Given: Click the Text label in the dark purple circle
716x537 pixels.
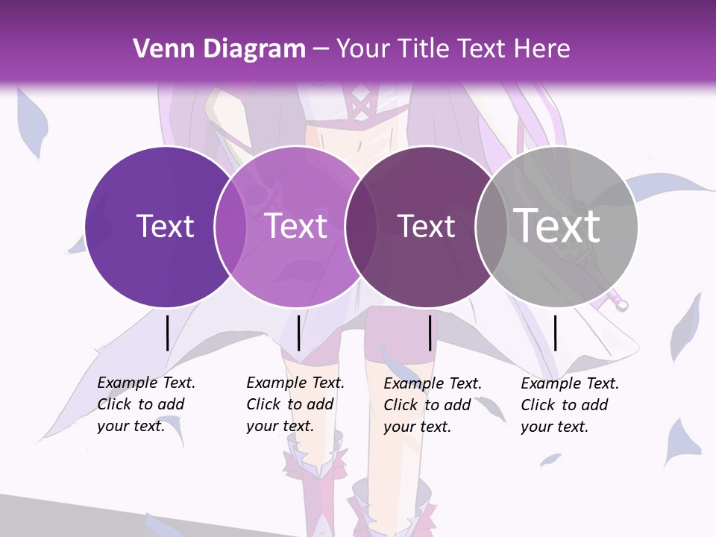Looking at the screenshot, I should (x=165, y=226).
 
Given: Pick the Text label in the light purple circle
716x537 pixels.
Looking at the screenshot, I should (x=296, y=226).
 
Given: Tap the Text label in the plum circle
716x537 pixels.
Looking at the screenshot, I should (x=426, y=226).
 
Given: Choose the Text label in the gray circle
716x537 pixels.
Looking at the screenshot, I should (x=556, y=225).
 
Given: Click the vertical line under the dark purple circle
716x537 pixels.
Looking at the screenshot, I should (x=167, y=333).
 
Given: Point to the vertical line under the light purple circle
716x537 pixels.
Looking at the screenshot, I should (x=298, y=333).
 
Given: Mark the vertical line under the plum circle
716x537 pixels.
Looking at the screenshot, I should (x=430, y=333).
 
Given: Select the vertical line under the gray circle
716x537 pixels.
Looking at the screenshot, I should (x=556, y=333).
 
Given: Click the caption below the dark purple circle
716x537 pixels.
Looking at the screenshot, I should (x=146, y=404).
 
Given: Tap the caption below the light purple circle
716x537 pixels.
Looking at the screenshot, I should (x=295, y=404).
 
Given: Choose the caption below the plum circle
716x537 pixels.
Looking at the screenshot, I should (x=433, y=405).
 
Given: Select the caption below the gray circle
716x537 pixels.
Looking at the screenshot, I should (x=570, y=405).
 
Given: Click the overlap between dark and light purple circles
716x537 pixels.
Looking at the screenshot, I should (x=230, y=226).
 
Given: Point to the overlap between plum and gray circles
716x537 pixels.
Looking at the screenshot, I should (x=492, y=226).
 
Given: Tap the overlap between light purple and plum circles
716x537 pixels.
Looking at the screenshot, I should (x=360, y=226).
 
